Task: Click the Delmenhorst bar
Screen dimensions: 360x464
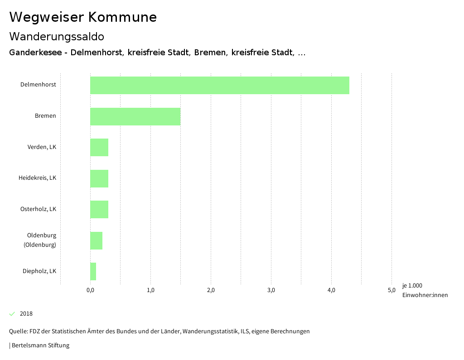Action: click(x=220, y=85)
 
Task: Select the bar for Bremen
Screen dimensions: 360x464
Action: click(x=135, y=116)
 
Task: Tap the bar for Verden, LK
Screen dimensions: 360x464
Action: click(x=99, y=147)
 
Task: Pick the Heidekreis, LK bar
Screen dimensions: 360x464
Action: click(x=99, y=178)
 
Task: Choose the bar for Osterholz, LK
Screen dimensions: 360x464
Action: click(x=99, y=209)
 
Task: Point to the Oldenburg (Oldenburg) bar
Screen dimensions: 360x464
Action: click(x=96, y=240)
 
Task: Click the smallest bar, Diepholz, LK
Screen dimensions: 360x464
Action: click(x=93, y=271)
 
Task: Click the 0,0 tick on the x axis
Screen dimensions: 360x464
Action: click(x=90, y=290)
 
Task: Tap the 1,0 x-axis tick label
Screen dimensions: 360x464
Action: click(x=150, y=290)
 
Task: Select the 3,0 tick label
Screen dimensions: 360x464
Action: click(x=271, y=290)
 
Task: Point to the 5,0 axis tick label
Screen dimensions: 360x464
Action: click(x=391, y=290)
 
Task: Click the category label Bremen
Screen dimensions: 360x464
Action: click(x=45, y=116)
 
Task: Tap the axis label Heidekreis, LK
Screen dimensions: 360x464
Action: click(x=37, y=178)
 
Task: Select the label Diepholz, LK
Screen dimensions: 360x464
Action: click(x=39, y=271)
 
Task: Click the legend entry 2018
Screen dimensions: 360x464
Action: click(x=26, y=314)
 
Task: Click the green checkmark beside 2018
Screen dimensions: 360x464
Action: click(x=12, y=314)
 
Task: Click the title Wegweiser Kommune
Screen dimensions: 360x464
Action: click(x=83, y=17)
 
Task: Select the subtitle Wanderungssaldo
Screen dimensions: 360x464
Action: click(x=57, y=37)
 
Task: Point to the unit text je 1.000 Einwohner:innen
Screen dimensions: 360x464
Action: click(x=425, y=290)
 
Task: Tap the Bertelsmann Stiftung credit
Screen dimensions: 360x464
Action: click(x=40, y=346)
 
